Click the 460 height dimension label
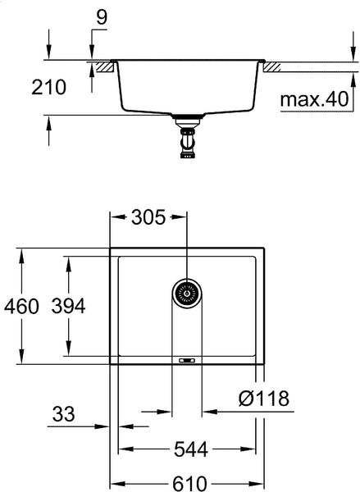point(21,307)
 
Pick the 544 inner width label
point(190,449)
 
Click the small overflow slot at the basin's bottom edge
point(186,360)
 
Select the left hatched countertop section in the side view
point(103,65)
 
